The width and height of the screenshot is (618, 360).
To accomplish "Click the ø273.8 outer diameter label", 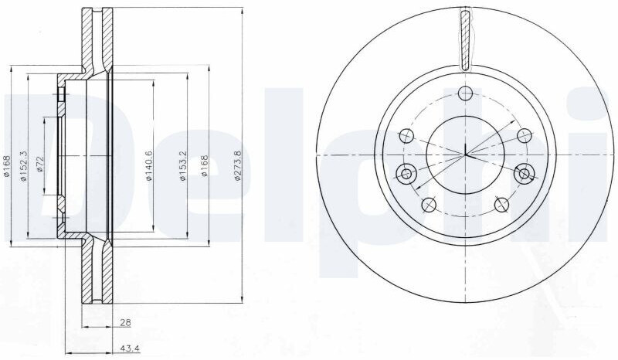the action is point(237,166).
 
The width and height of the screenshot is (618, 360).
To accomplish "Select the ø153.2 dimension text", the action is point(182,166).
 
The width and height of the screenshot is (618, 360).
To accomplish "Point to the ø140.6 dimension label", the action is point(149,166).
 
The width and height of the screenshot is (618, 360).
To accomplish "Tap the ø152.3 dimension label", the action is point(23,166).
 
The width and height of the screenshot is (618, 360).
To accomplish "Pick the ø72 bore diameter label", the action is point(39,164).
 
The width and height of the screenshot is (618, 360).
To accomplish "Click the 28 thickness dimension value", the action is point(126,323).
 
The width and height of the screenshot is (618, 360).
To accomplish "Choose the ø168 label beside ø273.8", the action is point(204,165).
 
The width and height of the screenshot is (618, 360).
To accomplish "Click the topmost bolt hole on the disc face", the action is point(466,93).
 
